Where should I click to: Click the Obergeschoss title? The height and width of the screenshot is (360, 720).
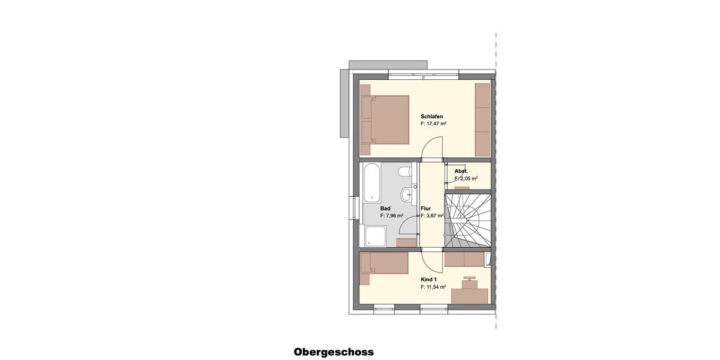[x=334, y=352]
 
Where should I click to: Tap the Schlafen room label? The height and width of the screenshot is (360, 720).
[x=432, y=116]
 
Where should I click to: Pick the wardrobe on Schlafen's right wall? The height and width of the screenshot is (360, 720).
[x=483, y=119]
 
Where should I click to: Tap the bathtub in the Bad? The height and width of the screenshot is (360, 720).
[x=372, y=182]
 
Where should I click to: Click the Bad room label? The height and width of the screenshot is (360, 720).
[x=385, y=208]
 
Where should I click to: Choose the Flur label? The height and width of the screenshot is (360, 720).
[x=426, y=208]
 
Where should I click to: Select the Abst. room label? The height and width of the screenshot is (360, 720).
[x=461, y=171]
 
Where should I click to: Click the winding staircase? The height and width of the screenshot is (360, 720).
[x=467, y=220]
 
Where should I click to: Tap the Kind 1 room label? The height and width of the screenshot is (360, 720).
[x=428, y=280]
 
